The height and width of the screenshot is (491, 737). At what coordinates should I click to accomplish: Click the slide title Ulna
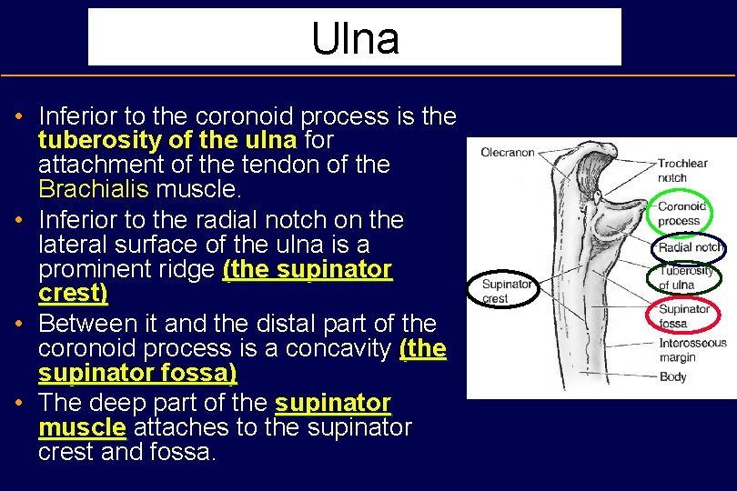[355, 38]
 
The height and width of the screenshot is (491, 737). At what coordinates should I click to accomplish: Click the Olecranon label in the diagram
[507, 153]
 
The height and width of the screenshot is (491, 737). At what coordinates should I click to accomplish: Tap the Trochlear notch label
[682, 170]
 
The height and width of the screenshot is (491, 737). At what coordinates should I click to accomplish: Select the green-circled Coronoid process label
[681, 214]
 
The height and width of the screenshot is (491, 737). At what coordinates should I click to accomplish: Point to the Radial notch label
[691, 247]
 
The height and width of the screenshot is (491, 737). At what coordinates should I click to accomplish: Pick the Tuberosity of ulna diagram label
[687, 277]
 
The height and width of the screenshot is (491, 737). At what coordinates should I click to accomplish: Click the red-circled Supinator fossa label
[684, 316]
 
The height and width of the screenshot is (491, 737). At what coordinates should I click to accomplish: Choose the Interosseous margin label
[692, 349]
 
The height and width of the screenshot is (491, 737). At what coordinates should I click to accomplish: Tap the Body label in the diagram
[672, 376]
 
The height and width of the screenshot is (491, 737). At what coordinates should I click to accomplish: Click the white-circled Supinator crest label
[507, 291]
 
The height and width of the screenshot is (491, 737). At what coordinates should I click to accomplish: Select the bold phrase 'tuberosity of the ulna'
[167, 140]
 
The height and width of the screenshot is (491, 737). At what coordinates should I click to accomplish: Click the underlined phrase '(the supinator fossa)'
[242, 361]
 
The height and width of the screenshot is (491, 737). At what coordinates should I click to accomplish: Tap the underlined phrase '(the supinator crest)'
[215, 281]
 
